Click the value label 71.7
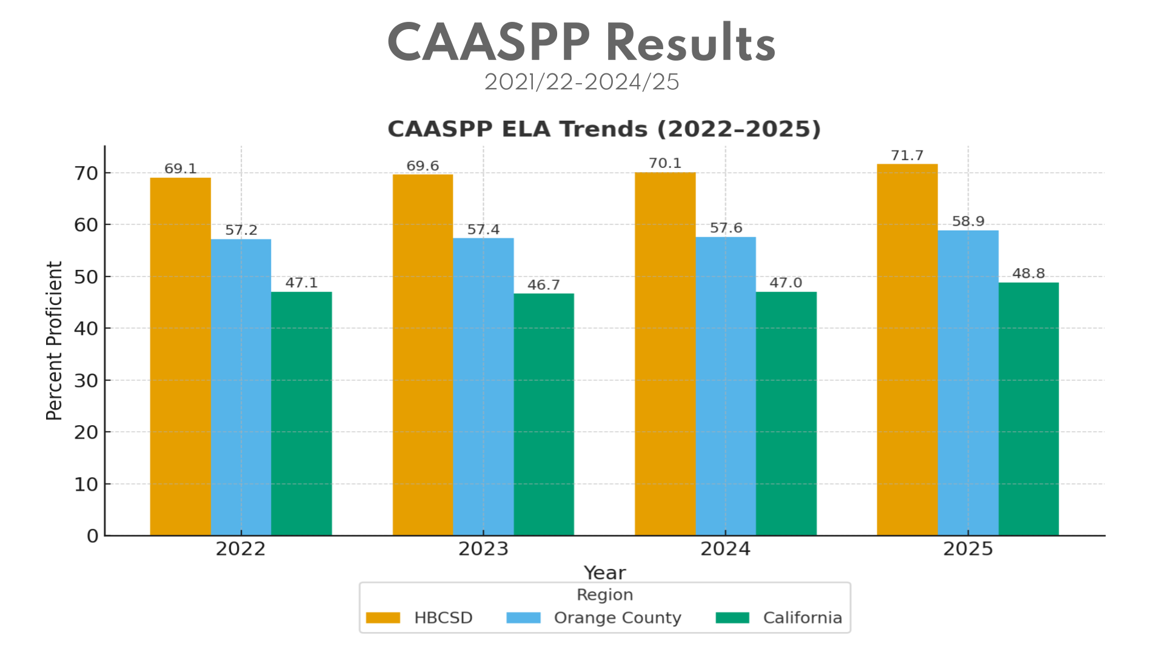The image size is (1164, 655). pos(907,156)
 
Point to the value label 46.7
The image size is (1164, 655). pos(543,285)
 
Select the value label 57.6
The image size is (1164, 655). pos(726,228)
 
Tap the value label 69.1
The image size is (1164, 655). pos(181,169)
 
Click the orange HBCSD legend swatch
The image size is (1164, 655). pos(383,618)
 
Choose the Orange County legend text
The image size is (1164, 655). pos(617,618)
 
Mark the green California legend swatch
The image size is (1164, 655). pos(732,618)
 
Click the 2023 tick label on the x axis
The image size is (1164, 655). pos(483,549)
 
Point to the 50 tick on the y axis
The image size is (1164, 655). pos(86,277)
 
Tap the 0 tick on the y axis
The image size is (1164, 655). pos(92,536)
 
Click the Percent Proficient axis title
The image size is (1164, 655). pos(55,341)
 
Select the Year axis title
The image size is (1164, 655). pos(604,573)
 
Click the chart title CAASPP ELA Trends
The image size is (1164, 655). pos(604,129)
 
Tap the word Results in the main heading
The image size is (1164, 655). pos(691,44)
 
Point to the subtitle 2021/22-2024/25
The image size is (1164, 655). pos(581,82)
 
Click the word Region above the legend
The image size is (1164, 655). pos(604,595)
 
